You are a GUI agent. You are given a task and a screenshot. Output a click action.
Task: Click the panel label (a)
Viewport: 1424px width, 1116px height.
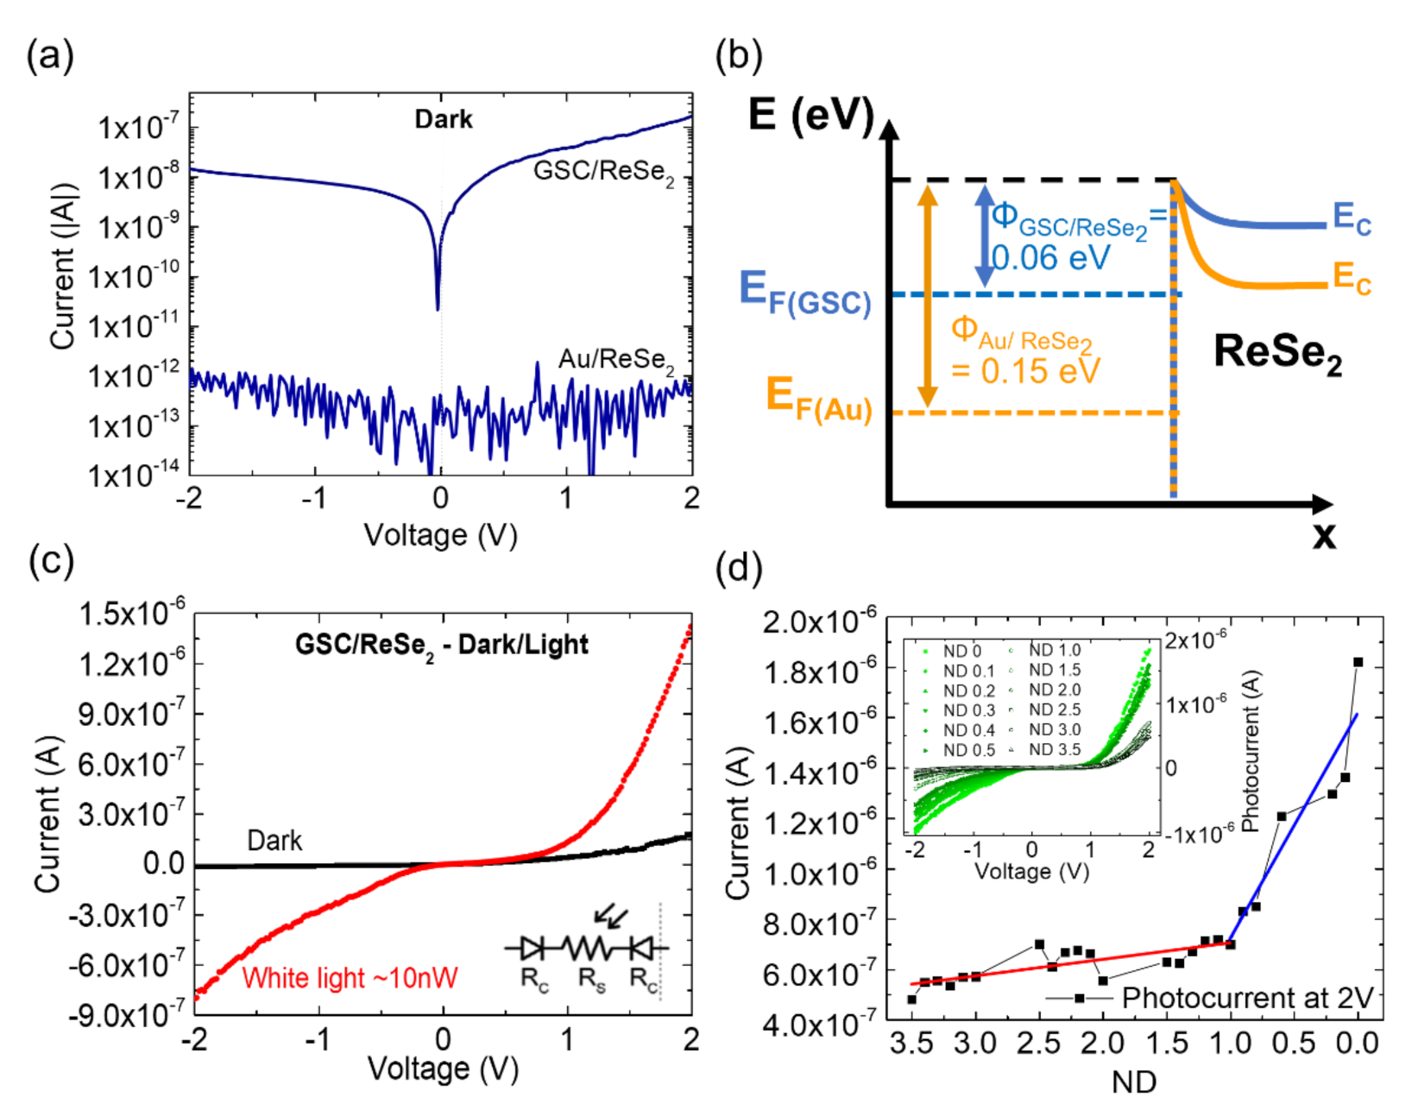[50, 57]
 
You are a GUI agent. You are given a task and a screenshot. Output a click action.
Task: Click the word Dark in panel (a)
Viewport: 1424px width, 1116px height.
[443, 119]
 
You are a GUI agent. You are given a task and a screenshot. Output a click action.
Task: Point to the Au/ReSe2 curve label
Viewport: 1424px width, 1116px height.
[615, 360]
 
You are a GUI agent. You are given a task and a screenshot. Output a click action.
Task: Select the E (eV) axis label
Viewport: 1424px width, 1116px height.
[810, 115]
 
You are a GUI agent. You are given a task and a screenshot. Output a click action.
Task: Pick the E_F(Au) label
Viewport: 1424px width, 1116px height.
[819, 399]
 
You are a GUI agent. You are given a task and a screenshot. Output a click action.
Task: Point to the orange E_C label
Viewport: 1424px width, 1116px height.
[1351, 278]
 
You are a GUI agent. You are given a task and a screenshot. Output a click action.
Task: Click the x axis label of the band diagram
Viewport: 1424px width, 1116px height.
[1323, 536]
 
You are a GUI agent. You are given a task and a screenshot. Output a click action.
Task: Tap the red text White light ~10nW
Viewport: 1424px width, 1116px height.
[350, 978]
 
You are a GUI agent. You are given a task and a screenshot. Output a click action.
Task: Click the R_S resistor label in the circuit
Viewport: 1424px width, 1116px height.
[591, 980]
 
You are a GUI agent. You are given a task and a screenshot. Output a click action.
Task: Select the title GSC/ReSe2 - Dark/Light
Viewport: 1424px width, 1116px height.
[441, 645]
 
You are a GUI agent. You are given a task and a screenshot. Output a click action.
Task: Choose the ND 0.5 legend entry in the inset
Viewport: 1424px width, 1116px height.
[968, 750]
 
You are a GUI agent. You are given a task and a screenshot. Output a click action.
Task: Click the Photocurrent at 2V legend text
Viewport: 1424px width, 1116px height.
[1246, 998]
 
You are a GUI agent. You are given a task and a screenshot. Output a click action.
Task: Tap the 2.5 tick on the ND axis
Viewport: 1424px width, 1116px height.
[1038, 1044]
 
